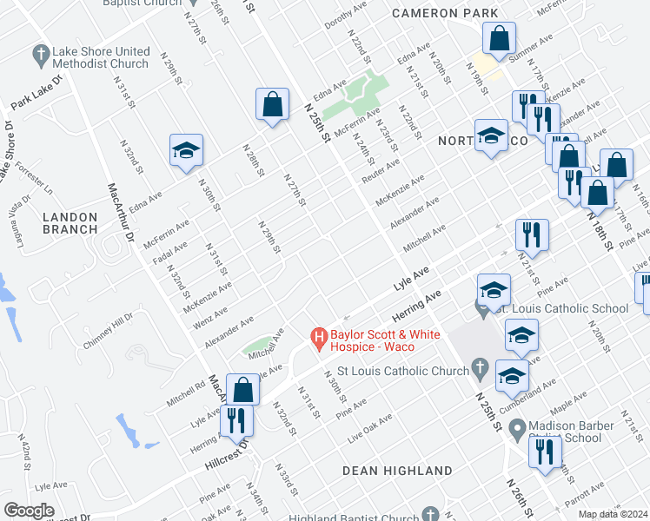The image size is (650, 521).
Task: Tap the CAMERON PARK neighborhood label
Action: click(x=445, y=13)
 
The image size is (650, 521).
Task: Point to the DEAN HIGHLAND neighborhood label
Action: click(x=397, y=471)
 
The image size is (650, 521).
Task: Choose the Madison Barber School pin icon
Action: click(x=517, y=426)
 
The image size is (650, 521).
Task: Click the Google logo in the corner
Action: click(x=29, y=511)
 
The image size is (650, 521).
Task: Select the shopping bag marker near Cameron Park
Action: click(x=499, y=39)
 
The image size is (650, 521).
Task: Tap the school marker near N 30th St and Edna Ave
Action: click(x=186, y=150)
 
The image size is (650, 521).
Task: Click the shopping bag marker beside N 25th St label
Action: click(x=273, y=104)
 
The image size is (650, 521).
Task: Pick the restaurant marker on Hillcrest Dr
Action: click(x=236, y=419)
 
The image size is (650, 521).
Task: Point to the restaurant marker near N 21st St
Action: click(x=532, y=234)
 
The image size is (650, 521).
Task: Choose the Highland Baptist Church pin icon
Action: click(x=429, y=514)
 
